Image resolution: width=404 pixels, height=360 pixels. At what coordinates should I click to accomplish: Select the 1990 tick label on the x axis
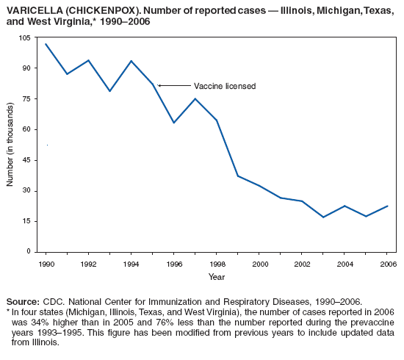point(46,263)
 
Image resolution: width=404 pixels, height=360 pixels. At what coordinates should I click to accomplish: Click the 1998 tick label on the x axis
point(217,263)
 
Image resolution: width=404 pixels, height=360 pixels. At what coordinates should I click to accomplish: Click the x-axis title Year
point(217,277)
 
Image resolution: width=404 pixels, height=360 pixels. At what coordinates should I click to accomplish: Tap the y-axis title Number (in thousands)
point(10,145)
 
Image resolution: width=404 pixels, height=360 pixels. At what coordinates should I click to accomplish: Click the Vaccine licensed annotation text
point(224,86)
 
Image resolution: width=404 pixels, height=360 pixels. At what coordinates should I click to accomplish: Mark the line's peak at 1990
point(46,44)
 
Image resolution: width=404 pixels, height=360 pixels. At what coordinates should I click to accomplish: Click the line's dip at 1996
point(174,123)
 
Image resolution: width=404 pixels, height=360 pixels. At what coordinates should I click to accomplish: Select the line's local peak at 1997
point(195,98)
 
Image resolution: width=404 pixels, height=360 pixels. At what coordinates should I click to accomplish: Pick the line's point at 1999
point(238,176)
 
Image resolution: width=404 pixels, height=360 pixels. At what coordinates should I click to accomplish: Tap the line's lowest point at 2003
point(323,217)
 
